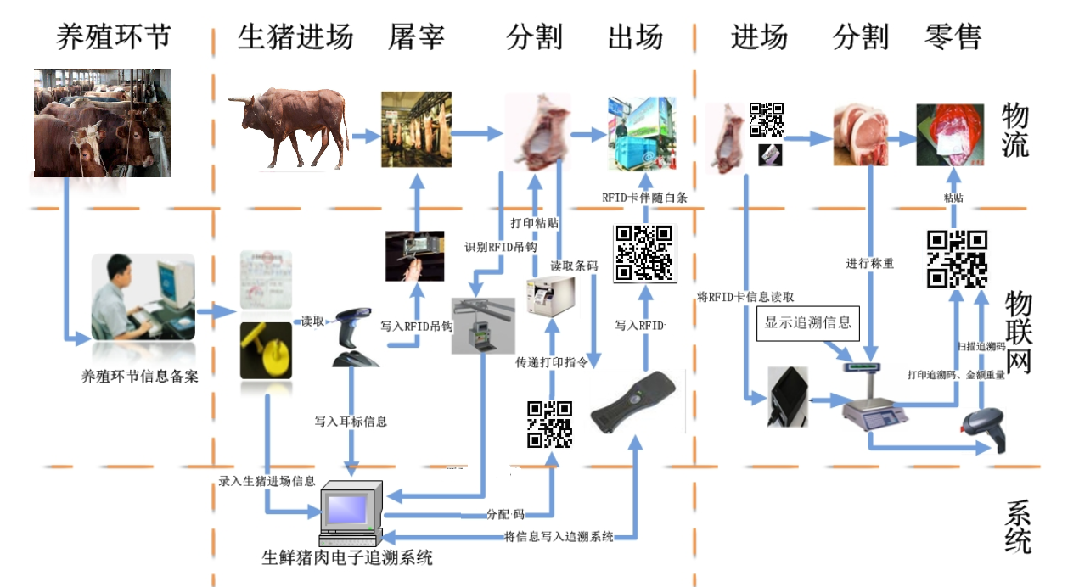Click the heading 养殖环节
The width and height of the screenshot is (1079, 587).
click(114, 36)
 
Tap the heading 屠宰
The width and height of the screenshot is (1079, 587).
click(416, 36)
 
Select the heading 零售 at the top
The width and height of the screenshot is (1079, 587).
click(953, 36)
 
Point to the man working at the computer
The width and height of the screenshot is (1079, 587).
click(119, 298)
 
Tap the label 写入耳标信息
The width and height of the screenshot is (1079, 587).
click(351, 421)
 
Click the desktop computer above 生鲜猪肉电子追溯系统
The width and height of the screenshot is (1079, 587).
click(349, 513)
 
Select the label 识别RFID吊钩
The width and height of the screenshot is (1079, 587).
click(501, 248)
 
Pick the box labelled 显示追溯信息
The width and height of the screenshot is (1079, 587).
click(807, 323)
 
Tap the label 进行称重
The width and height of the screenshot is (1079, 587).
click(870, 263)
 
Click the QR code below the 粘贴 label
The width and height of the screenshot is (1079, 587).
click(957, 259)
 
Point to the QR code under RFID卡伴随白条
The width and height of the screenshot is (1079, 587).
click(643, 252)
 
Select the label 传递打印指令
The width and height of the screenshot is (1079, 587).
click(552, 363)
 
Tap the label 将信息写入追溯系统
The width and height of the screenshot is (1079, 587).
click(558, 536)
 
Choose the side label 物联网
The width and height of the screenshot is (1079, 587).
click(1018, 332)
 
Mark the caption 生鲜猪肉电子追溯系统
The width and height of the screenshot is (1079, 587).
click(347, 558)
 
